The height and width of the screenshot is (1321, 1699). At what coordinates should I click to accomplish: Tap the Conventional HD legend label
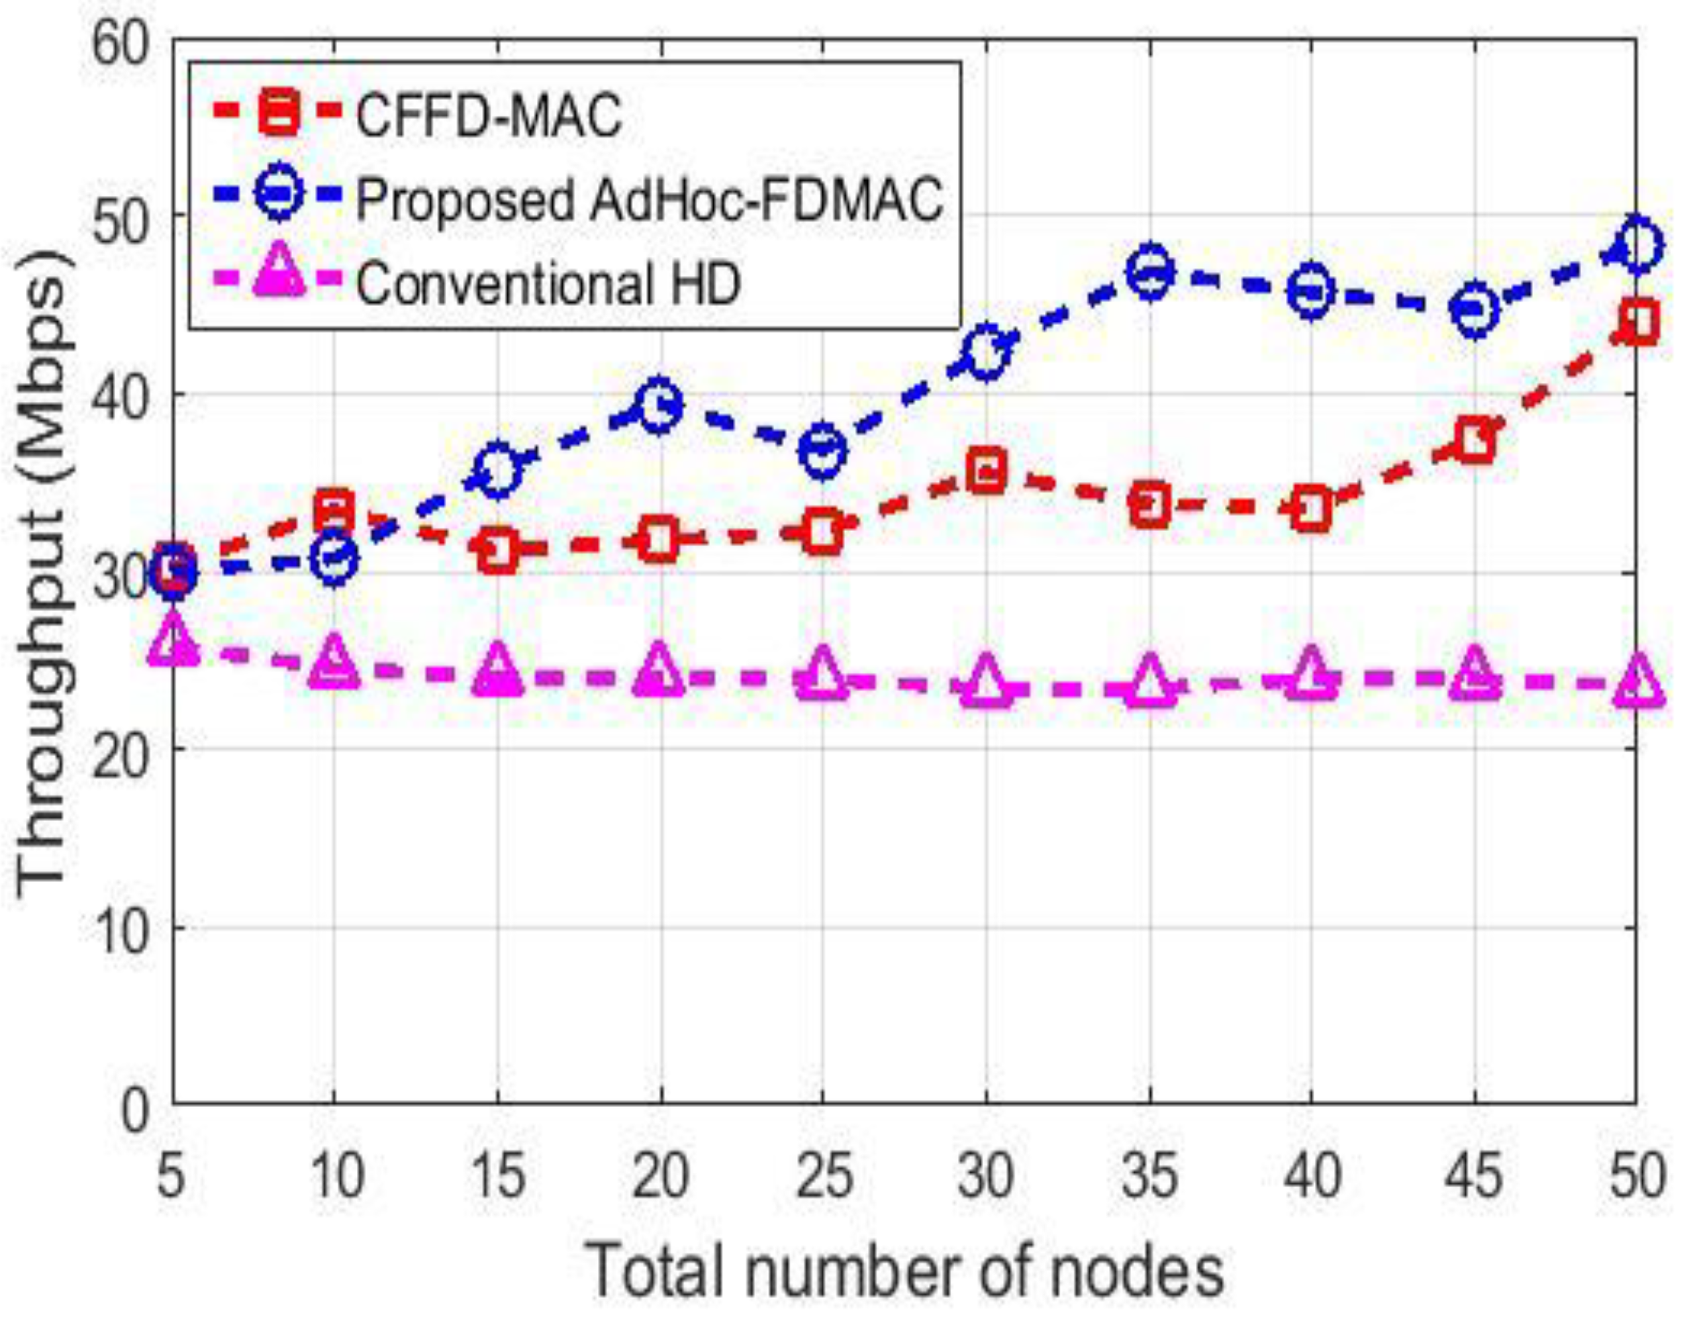[x=548, y=283]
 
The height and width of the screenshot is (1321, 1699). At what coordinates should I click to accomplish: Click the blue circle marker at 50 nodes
[x=1637, y=246]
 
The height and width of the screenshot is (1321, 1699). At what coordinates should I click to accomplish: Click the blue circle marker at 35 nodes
[x=1150, y=271]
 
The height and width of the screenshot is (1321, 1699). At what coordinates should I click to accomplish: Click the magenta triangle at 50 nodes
[x=1637, y=681]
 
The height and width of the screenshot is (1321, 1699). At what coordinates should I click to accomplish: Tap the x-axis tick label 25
[x=823, y=1176]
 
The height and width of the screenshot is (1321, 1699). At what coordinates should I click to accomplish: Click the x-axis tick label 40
[x=1312, y=1176]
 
